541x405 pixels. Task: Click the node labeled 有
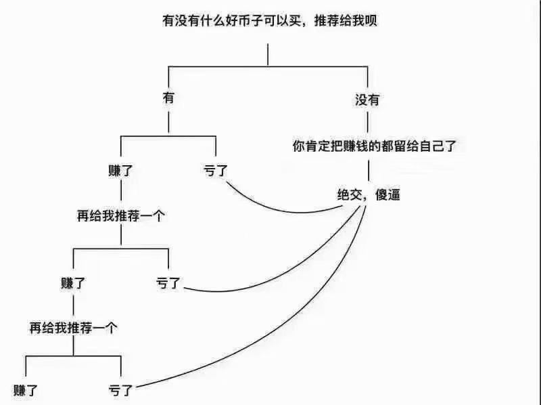[168, 98]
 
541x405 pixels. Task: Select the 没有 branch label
[368, 100]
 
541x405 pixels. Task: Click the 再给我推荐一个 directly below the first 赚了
[121, 217]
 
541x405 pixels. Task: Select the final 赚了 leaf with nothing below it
[25, 389]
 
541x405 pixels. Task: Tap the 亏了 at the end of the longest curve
[120, 389]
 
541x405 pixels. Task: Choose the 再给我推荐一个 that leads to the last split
[74, 328]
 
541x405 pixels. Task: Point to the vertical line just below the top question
[268, 54]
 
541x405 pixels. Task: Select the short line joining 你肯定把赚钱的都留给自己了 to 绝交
[368, 169]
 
